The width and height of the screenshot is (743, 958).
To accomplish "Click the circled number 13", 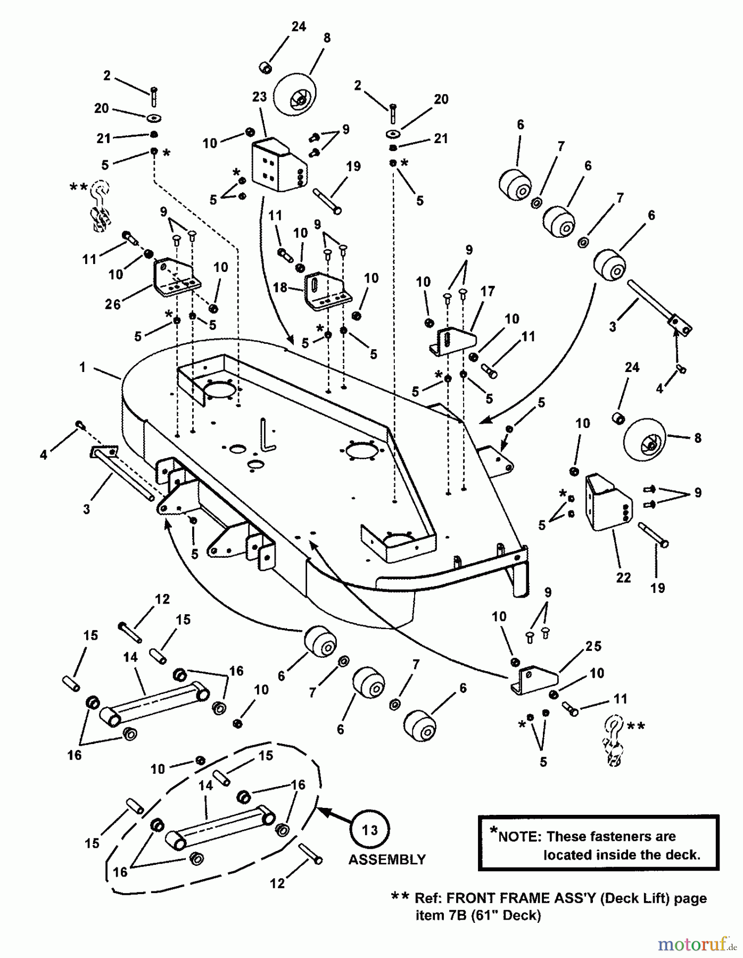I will (370, 830).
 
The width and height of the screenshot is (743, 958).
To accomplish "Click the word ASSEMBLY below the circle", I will (387, 860).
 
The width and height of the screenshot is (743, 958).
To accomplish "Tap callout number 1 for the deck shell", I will (82, 367).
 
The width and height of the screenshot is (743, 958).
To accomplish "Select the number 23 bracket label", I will (259, 97).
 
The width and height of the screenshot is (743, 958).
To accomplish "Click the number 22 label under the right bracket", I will (623, 577).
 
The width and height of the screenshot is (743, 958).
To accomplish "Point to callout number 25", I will (593, 646).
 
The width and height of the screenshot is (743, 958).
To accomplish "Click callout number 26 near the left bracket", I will (113, 304).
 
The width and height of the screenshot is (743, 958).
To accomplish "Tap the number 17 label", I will (488, 291).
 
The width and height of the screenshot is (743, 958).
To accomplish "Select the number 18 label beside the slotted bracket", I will (280, 287).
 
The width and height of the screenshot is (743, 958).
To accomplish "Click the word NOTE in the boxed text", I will (519, 837).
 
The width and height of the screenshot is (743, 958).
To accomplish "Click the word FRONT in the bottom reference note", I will (469, 898).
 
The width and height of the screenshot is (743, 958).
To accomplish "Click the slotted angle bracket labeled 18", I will (326, 292).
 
